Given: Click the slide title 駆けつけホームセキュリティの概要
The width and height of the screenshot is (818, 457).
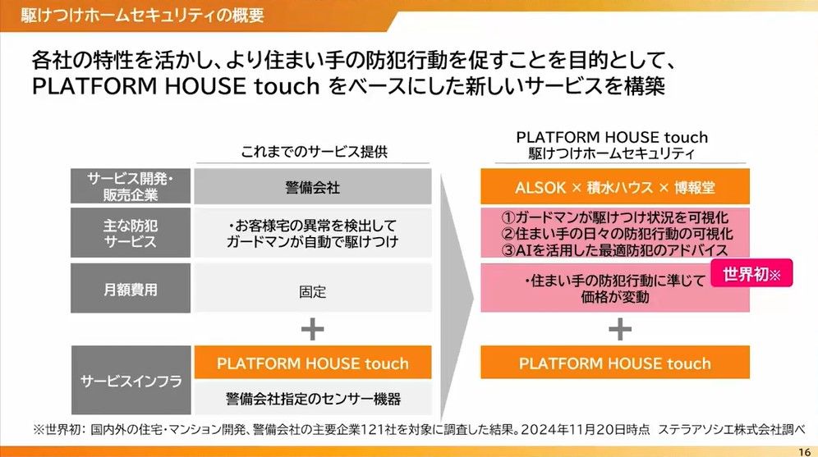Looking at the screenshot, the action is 142,15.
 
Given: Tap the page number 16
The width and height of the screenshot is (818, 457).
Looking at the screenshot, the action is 804,452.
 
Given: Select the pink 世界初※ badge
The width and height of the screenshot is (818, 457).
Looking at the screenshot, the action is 751,273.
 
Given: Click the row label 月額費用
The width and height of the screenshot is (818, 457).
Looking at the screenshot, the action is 131,289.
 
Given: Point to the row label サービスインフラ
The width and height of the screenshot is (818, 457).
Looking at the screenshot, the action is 131,381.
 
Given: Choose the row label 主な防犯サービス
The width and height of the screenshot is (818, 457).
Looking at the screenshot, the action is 131,234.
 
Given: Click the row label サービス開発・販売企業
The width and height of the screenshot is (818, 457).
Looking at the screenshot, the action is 131,186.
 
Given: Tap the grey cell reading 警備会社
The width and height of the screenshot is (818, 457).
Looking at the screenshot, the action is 313,186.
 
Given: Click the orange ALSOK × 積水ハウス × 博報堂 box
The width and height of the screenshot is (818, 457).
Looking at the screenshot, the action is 615,186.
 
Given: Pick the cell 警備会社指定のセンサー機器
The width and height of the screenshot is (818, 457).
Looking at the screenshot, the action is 313,399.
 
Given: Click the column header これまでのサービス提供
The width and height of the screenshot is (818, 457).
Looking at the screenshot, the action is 314,152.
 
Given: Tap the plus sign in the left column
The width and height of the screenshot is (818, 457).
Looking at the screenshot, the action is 312,329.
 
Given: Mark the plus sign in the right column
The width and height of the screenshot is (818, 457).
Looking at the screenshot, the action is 620,329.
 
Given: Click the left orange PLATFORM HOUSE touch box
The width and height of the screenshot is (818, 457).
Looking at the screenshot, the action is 313,363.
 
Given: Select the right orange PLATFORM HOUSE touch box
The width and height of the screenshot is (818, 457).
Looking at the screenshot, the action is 615,363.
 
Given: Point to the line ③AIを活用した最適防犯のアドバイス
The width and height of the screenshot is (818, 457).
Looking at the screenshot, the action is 615,250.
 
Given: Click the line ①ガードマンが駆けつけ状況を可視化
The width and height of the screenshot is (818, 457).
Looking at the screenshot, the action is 615,217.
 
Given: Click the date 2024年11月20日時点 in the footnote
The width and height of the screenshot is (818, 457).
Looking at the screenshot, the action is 586,430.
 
